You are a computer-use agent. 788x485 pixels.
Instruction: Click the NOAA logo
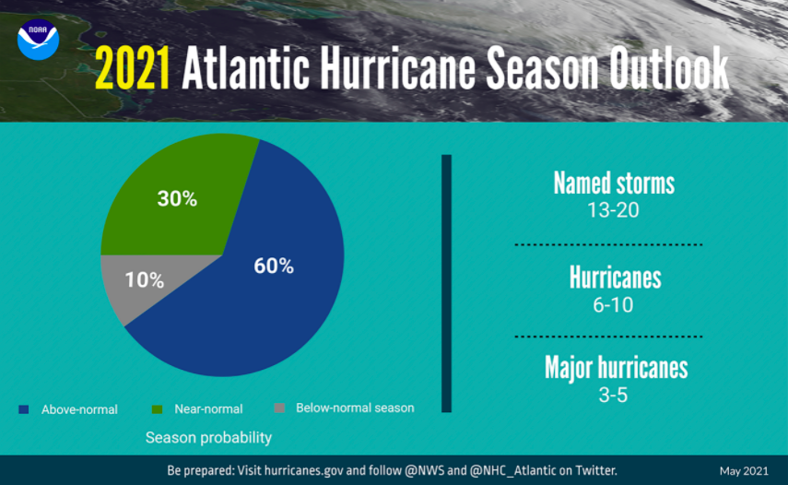[38, 40]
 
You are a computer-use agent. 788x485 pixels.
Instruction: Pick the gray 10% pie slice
[134, 281]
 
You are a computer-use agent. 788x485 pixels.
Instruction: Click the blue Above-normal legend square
[24, 408]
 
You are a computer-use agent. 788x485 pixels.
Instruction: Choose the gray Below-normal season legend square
[280, 408]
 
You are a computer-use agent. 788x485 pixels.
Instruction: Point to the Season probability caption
[208, 437]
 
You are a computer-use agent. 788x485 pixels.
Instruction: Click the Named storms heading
[614, 183]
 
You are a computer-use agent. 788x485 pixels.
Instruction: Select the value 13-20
[613, 210]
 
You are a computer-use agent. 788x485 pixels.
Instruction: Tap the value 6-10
[613, 305]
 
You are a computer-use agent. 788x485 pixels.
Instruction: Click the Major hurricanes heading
[616, 368]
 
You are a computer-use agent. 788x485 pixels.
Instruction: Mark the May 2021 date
[743, 471]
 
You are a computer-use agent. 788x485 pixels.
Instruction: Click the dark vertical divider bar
[447, 283]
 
